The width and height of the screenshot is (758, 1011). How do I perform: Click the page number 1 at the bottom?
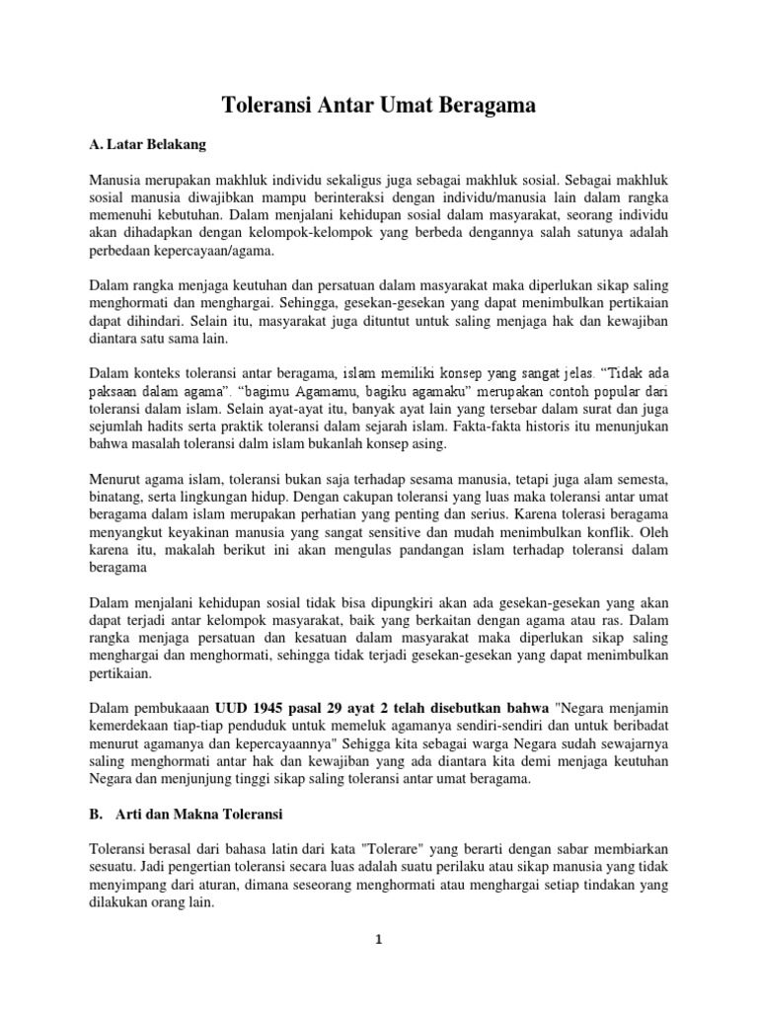379,939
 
